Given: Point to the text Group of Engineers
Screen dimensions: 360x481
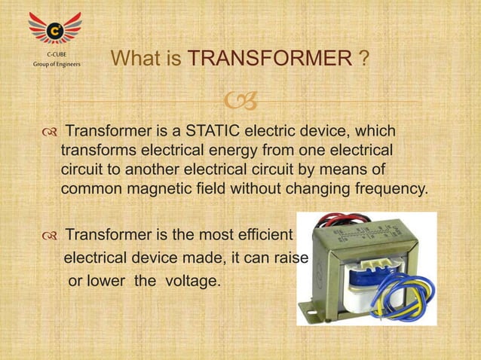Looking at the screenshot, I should (x=56, y=65).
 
